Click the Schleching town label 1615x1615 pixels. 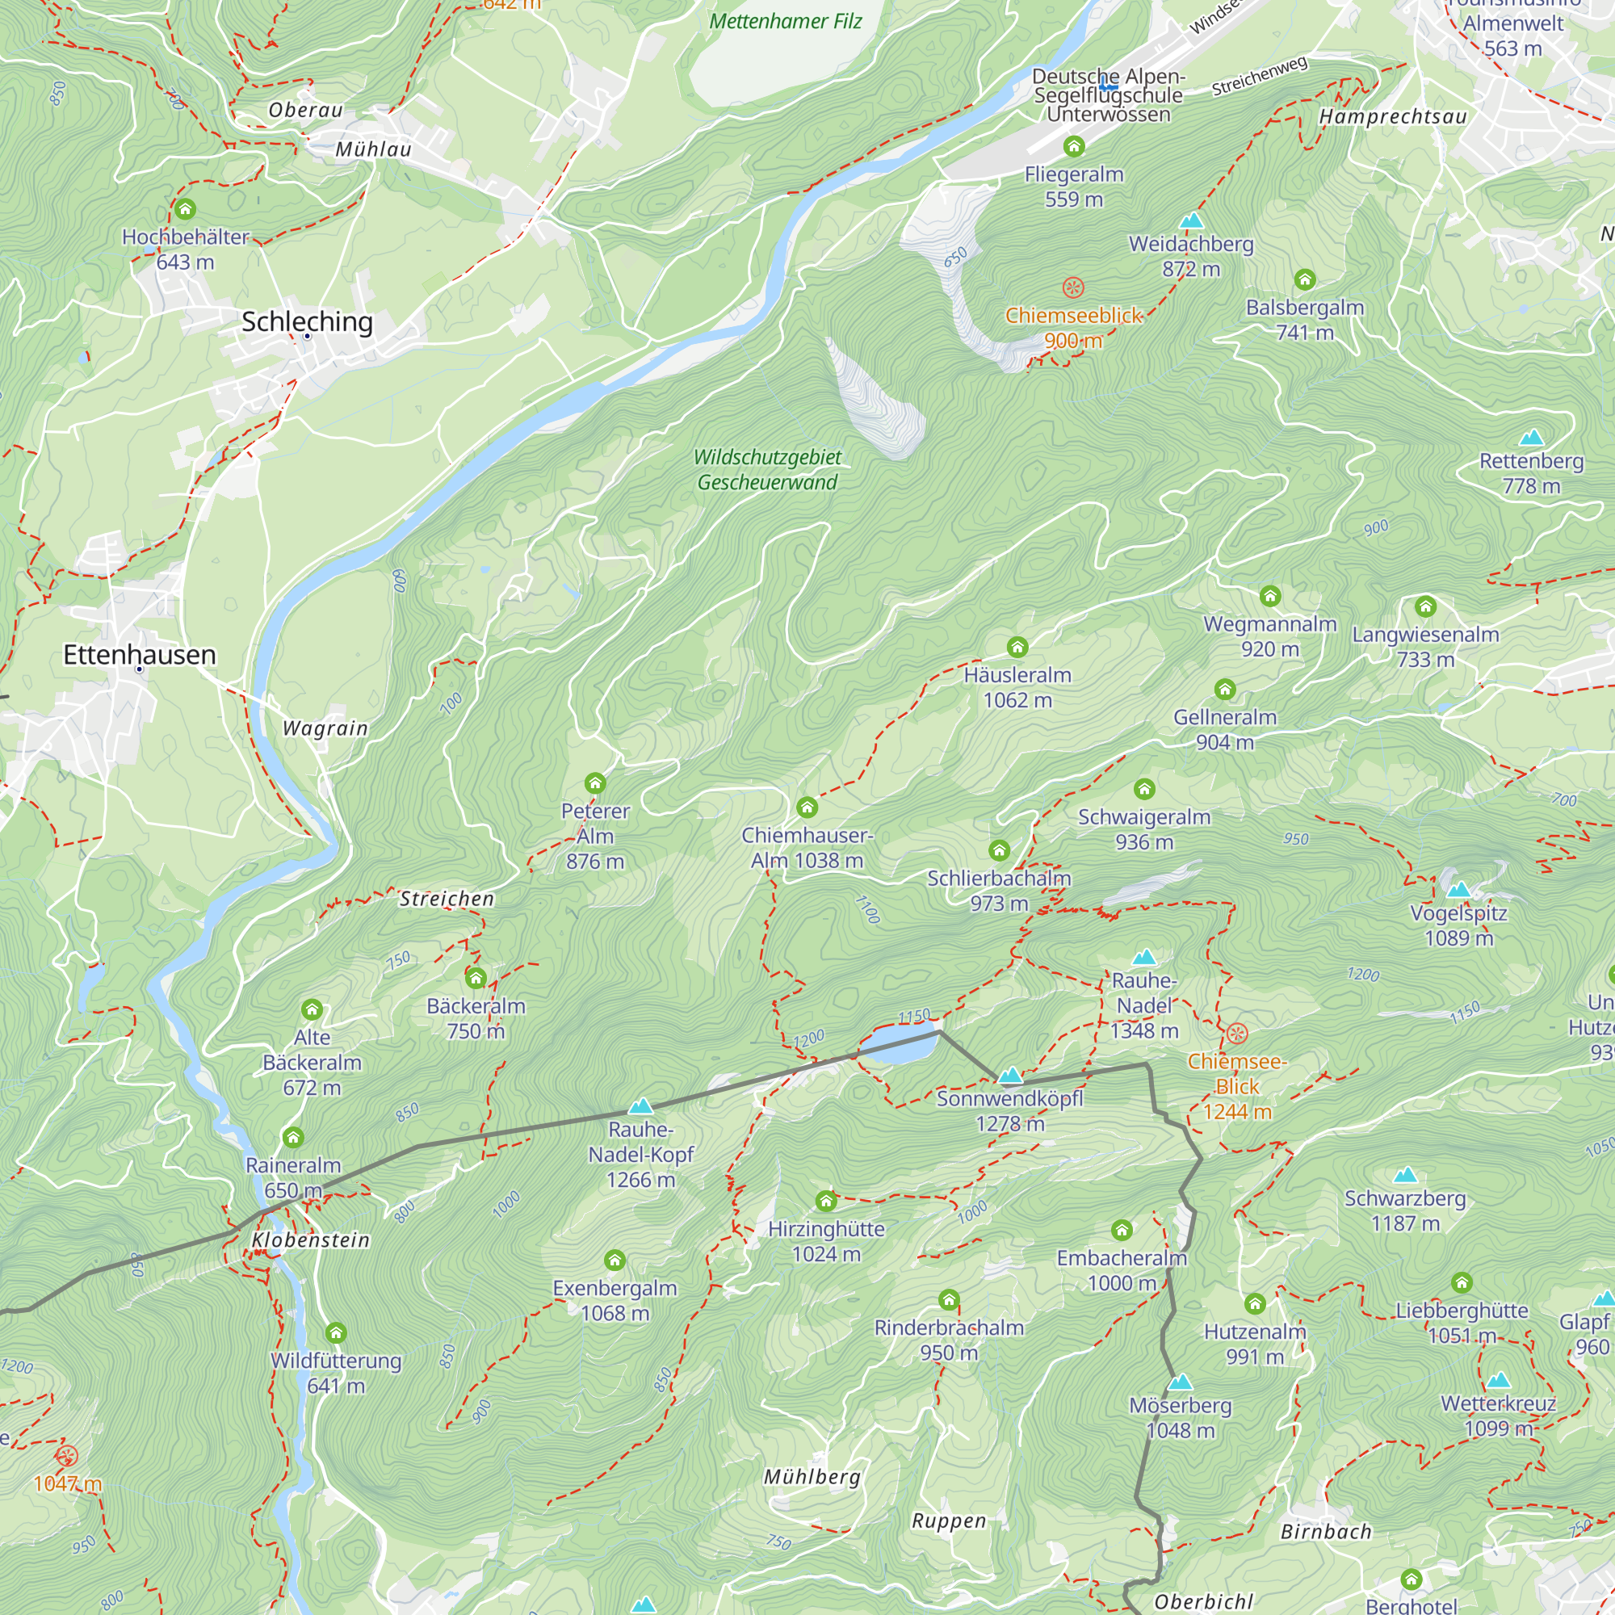pyautogui.click(x=307, y=322)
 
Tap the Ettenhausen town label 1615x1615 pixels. pyautogui.click(x=140, y=655)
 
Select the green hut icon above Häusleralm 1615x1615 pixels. pyautogui.click(x=1017, y=647)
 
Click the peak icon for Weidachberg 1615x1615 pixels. pyautogui.click(x=1191, y=221)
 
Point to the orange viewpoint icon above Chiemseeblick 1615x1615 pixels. pyautogui.click(x=1073, y=288)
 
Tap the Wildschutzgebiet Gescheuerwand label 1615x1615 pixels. pyautogui.click(x=767, y=470)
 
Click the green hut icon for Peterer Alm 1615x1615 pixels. pyautogui.click(x=595, y=783)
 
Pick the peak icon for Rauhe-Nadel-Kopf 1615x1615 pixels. pyautogui.click(x=641, y=1107)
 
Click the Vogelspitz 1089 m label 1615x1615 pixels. pyautogui.click(x=1458, y=925)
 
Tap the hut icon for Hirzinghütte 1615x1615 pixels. pyautogui.click(x=826, y=1202)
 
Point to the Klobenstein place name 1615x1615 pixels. pyautogui.click(x=311, y=1240)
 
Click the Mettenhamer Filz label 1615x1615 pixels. pyautogui.click(x=785, y=22)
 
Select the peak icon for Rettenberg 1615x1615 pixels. pyautogui.click(x=1531, y=437)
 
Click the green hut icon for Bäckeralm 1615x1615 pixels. pyautogui.click(x=476, y=978)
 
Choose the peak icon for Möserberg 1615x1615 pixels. pyautogui.click(x=1181, y=1382)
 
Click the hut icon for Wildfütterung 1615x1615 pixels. pyautogui.click(x=336, y=1332)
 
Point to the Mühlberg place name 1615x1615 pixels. pyautogui.click(x=812, y=1477)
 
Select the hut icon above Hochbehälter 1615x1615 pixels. pyautogui.click(x=185, y=209)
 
